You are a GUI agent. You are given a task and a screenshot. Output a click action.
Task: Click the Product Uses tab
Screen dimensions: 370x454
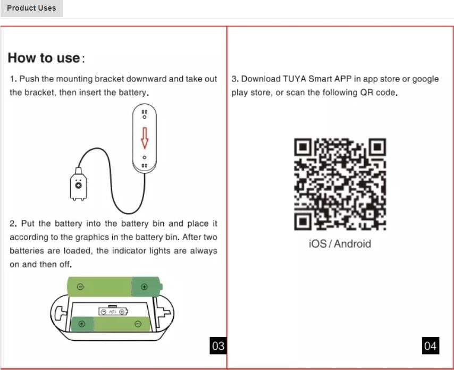coord(31,8)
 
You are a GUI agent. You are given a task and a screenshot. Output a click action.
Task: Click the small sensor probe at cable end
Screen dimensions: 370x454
coord(78,187)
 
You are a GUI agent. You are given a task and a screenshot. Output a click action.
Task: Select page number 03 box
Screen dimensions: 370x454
coord(218,346)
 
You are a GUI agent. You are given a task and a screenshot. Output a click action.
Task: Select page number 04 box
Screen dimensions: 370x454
coord(431,346)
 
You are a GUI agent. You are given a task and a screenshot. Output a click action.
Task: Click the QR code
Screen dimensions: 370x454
coord(340,184)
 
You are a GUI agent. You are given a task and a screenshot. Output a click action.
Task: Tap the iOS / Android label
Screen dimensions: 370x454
coord(340,244)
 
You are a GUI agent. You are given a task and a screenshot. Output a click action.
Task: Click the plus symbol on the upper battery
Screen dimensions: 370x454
coord(144,287)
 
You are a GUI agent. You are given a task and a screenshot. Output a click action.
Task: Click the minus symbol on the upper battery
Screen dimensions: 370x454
coord(80,287)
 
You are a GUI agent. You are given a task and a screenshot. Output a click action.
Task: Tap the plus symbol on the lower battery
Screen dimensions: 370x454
coord(81,324)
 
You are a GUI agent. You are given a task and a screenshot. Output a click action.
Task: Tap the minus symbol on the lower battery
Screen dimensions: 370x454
coord(138,324)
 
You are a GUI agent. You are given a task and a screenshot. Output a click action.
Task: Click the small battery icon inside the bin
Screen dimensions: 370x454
coord(113,312)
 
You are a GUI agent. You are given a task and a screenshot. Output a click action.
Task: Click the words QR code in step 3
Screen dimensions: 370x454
coord(376,93)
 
